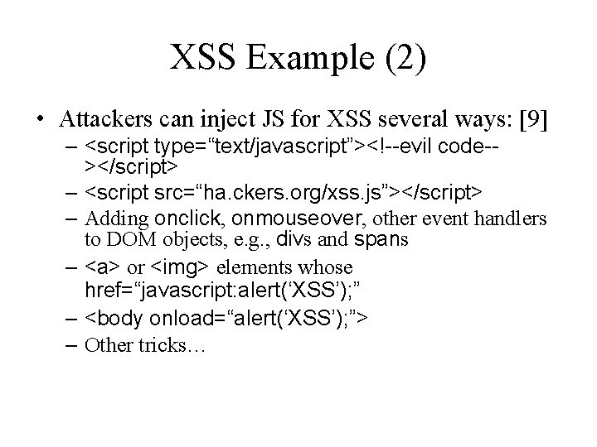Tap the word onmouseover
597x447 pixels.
coord(302,219)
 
